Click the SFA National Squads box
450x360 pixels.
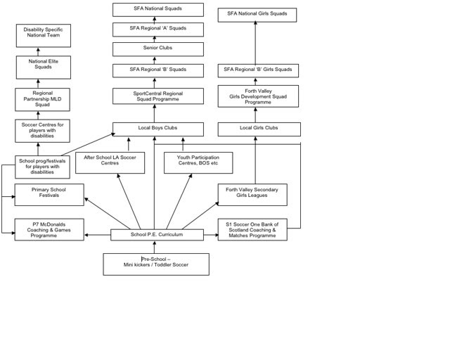(157, 9)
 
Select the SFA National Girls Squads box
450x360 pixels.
(257, 15)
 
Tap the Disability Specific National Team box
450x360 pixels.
(44, 35)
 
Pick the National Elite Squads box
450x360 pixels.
(44, 67)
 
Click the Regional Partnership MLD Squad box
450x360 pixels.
(42, 99)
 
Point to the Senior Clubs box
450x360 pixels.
(157, 49)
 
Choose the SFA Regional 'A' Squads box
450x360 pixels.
(157, 30)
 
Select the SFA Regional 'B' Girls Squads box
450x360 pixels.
(257, 70)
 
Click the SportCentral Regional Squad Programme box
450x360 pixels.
(157, 96)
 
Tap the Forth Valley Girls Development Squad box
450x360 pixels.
(257, 96)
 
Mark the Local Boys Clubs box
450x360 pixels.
(157, 129)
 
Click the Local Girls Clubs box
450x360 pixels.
(259, 129)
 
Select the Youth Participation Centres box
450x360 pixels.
(198, 162)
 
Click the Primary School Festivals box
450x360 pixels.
(49, 194)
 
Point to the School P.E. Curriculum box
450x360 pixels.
(157, 235)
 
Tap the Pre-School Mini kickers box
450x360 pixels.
(155, 264)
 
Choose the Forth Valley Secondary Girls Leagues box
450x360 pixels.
(252, 194)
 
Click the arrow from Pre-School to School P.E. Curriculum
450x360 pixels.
(155, 247)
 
